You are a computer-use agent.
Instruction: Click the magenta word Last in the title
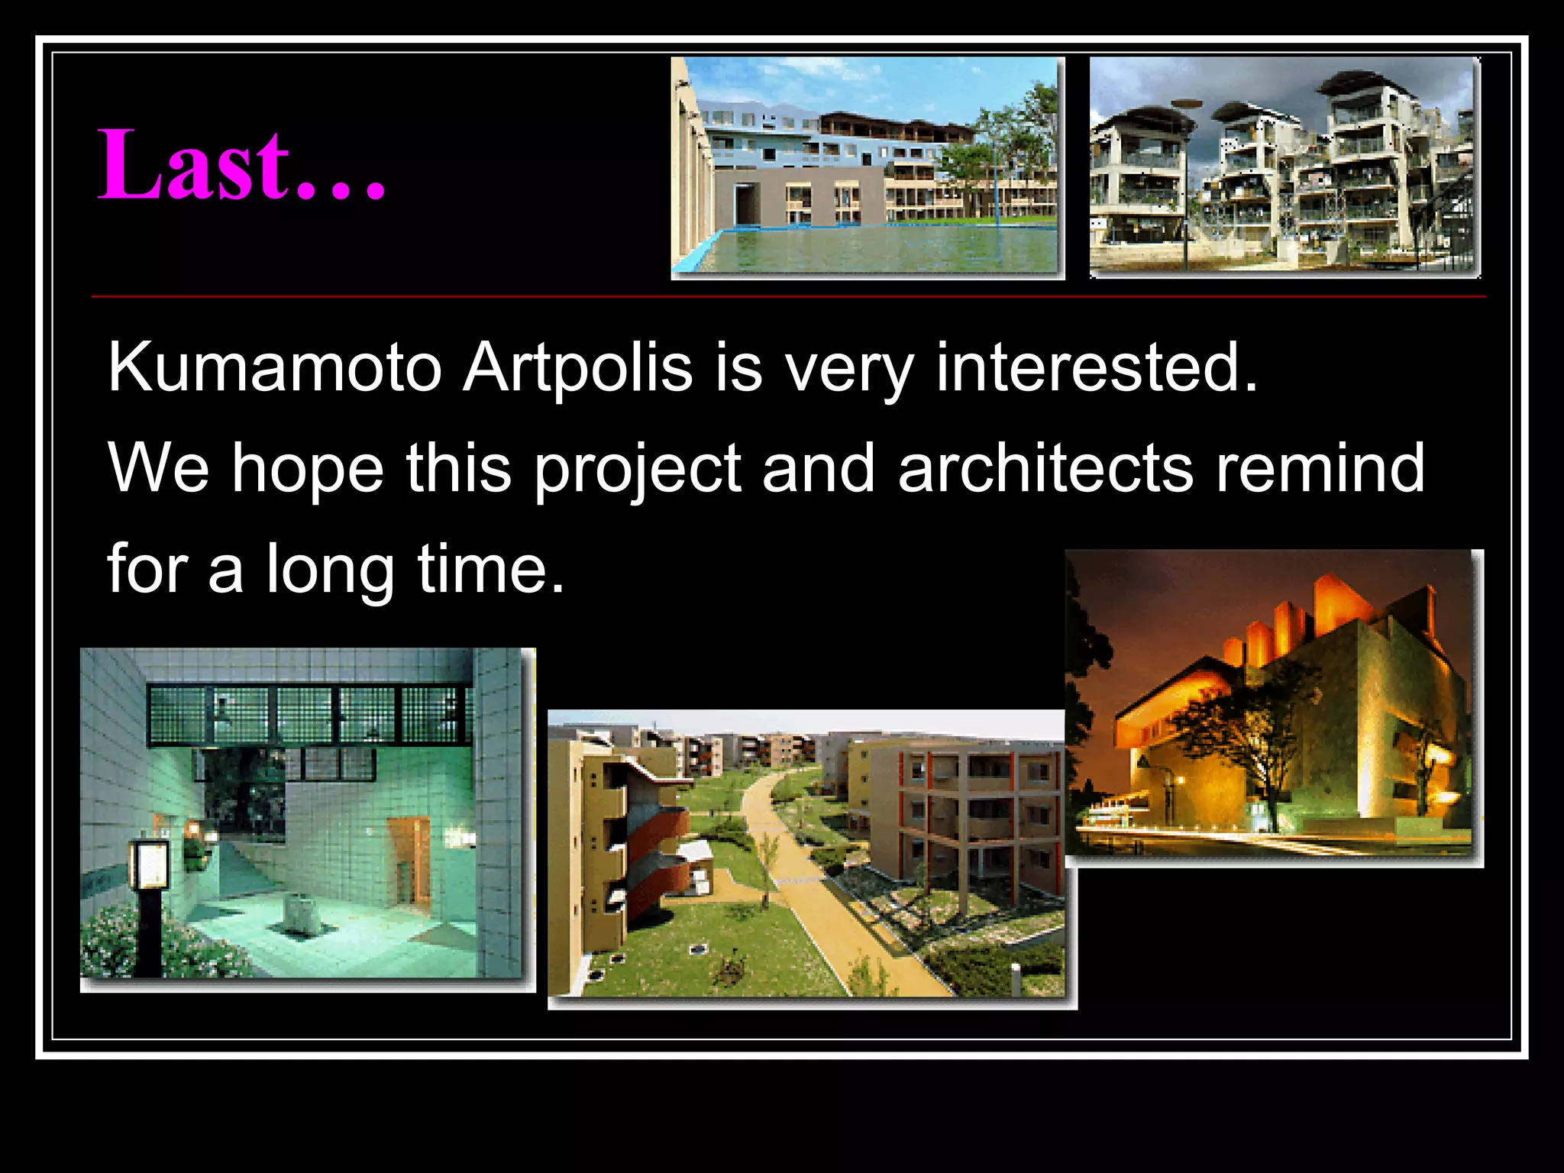coord(195,166)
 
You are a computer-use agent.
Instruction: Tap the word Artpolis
coord(577,367)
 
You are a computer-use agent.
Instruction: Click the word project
coord(637,468)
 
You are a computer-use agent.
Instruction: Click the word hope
coord(307,470)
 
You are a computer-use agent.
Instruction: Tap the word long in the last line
coord(330,570)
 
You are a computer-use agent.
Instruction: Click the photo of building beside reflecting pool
coord(867,166)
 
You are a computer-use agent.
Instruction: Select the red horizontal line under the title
coord(787,296)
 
